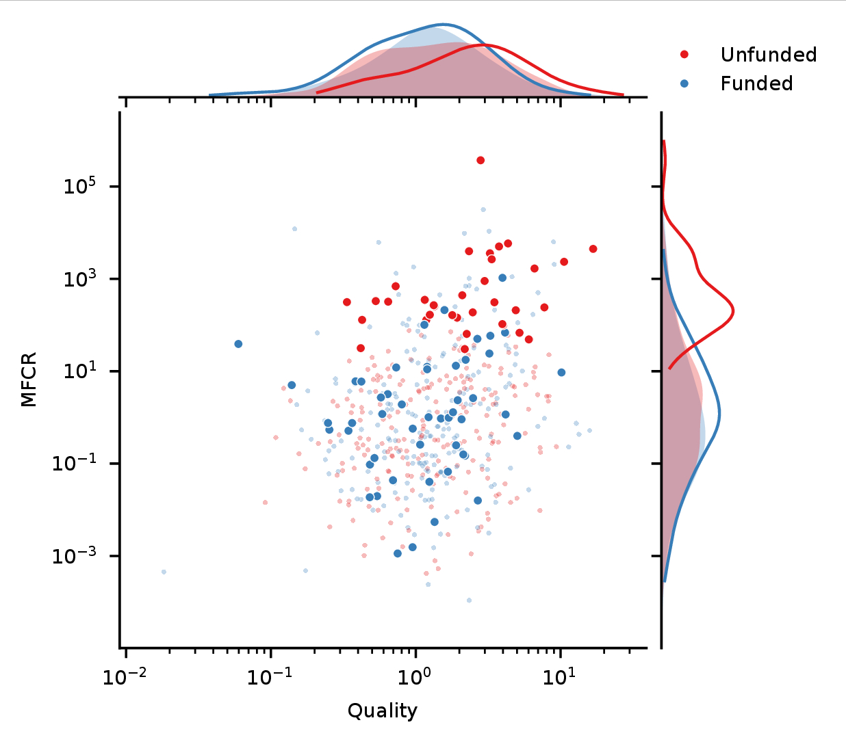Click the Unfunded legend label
click(768, 55)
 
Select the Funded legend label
click(756, 83)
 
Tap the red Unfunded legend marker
click(684, 54)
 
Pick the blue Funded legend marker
click(684, 83)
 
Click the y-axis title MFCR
click(29, 380)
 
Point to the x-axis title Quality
click(382, 711)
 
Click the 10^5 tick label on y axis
click(81, 185)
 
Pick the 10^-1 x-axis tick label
click(271, 676)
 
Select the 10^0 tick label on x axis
click(415, 676)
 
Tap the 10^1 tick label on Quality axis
click(560, 676)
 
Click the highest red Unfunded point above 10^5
click(480, 160)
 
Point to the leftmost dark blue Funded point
click(238, 343)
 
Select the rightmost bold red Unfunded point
click(593, 248)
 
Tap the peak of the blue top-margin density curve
click(443, 25)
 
